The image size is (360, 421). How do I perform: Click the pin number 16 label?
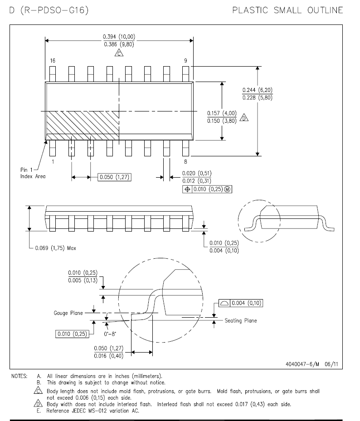click(x=53, y=61)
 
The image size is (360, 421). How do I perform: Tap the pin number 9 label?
click(x=185, y=61)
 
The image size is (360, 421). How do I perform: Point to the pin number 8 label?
click(x=185, y=162)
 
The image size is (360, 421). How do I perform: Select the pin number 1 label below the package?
click(x=53, y=162)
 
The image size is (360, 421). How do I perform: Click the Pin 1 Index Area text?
click(x=33, y=173)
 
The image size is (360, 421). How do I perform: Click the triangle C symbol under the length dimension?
click(x=119, y=53)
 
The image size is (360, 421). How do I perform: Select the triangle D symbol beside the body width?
click(x=244, y=118)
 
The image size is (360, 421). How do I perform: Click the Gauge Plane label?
click(x=68, y=313)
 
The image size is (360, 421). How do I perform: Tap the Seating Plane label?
click(x=241, y=320)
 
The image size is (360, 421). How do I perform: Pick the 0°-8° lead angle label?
click(x=110, y=334)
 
